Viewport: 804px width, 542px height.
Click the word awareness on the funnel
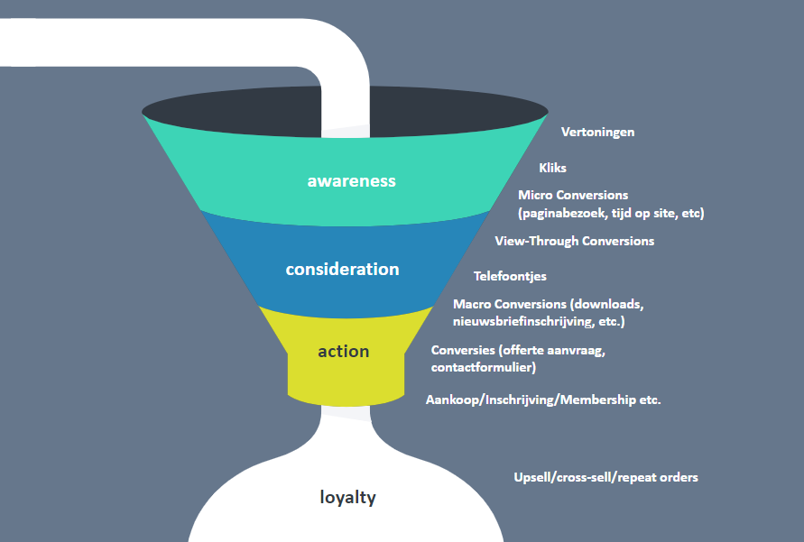click(x=351, y=180)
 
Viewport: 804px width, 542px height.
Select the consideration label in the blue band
click(x=342, y=269)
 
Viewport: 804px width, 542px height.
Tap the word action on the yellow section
click(x=343, y=351)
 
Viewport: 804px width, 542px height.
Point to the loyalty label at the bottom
click(x=348, y=497)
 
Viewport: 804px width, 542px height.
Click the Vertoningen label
click(x=597, y=132)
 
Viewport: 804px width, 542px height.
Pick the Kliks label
click(x=552, y=168)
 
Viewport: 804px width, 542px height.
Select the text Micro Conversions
click(x=573, y=195)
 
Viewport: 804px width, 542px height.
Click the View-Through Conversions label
click(x=574, y=241)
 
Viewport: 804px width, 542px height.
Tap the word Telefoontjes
click(x=510, y=276)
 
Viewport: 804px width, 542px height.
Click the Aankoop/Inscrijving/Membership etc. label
click(x=543, y=400)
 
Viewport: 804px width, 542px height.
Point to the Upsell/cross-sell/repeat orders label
click(x=605, y=477)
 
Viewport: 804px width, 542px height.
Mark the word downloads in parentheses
click(x=611, y=304)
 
